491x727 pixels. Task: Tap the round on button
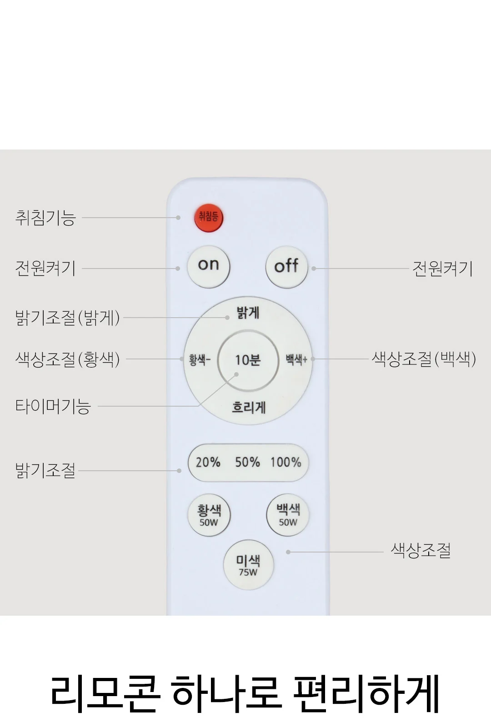pyautogui.click(x=209, y=266)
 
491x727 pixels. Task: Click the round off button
pyautogui.click(x=287, y=267)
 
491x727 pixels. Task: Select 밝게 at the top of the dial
pyautogui.click(x=248, y=313)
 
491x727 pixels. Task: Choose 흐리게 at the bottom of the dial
pyautogui.click(x=249, y=407)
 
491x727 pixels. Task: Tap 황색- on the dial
pyautogui.click(x=200, y=359)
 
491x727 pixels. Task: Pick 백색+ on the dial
pyautogui.click(x=296, y=359)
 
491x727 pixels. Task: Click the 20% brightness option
pyautogui.click(x=208, y=462)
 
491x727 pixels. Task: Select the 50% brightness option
pyautogui.click(x=247, y=462)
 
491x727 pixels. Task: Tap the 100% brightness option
pyautogui.click(x=286, y=462)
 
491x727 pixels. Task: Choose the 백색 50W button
pyautogui.click(x=288, y=515)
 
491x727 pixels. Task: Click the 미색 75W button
pyautogui.click(x=248, y=565)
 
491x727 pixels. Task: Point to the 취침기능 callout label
pyautogui.click(x=45, y=218)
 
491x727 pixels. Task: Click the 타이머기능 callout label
pyautogui.click(x=53, y=406)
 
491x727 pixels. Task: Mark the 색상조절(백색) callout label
pyautogui.click(x=424, y=359)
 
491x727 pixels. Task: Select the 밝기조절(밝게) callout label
pyautogui.click(x=68, y=318)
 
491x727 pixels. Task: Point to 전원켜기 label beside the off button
pyautogui.click(x=442, y=269)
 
